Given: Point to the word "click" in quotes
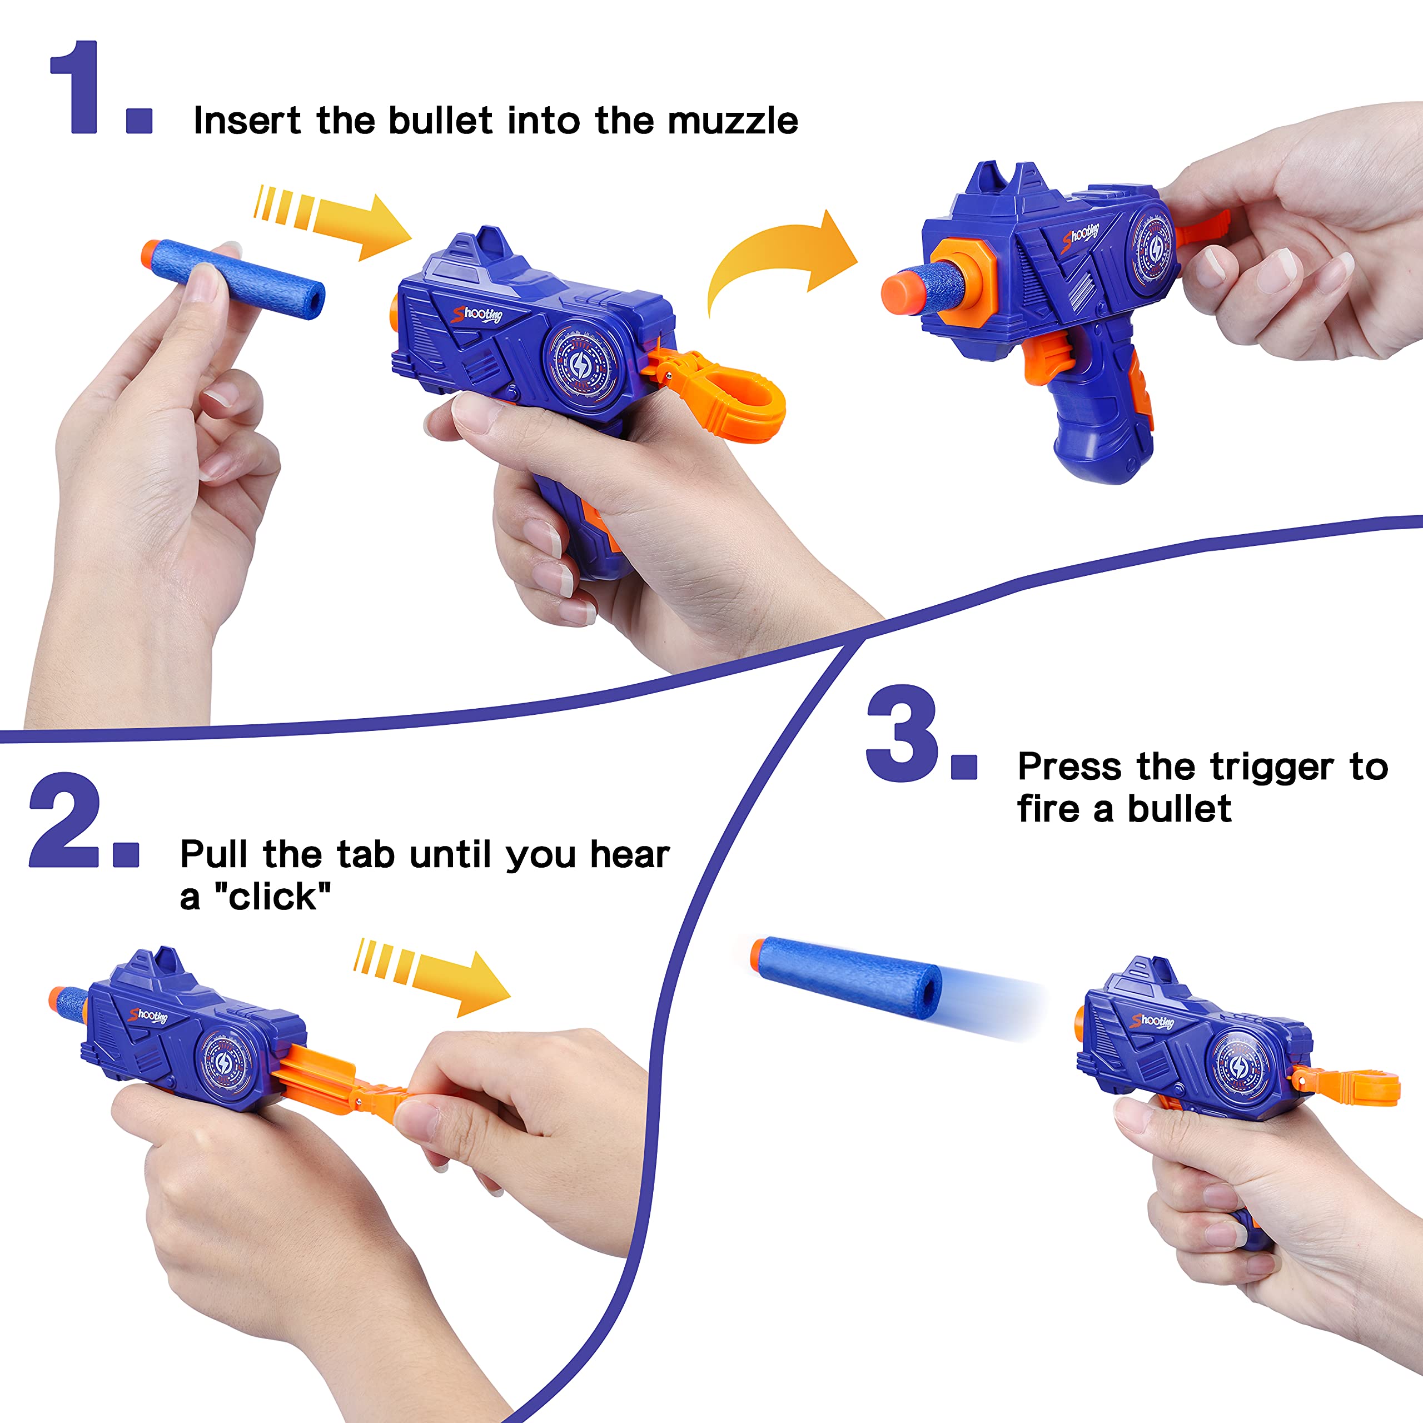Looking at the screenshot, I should pos(272,897).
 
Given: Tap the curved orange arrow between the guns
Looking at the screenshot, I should pos(781,258).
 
